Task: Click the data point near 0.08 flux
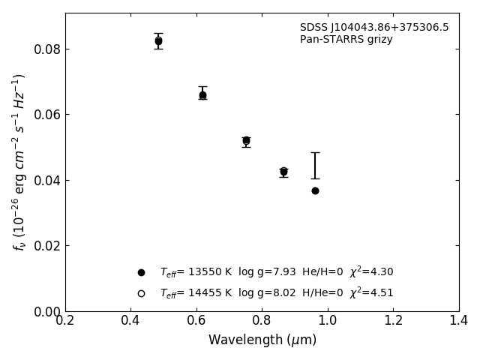[x=158, y=41]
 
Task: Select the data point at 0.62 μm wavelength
[x=202, y=95]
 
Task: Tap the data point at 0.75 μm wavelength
[x=246, y=140]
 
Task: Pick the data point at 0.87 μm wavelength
[x=283, y=172]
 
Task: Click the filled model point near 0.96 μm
[x=315, y=190]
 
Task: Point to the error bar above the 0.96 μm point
[x=315, y=166]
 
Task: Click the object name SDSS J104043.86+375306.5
[x=374, y=28]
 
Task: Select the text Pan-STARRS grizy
[x=346, y=40]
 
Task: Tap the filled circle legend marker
[x=141, y=272]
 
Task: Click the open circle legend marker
[x=141, y=293]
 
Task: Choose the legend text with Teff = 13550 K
[x=276, y=272]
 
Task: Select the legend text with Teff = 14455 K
[x=276, y=293]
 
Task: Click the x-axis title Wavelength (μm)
[x=262, y=340]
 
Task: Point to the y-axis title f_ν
[x=19, y=161]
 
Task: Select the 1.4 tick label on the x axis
[x=458, y=321]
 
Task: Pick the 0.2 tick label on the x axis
[x=65, y=321]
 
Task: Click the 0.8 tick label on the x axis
[x=262, y=321]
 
